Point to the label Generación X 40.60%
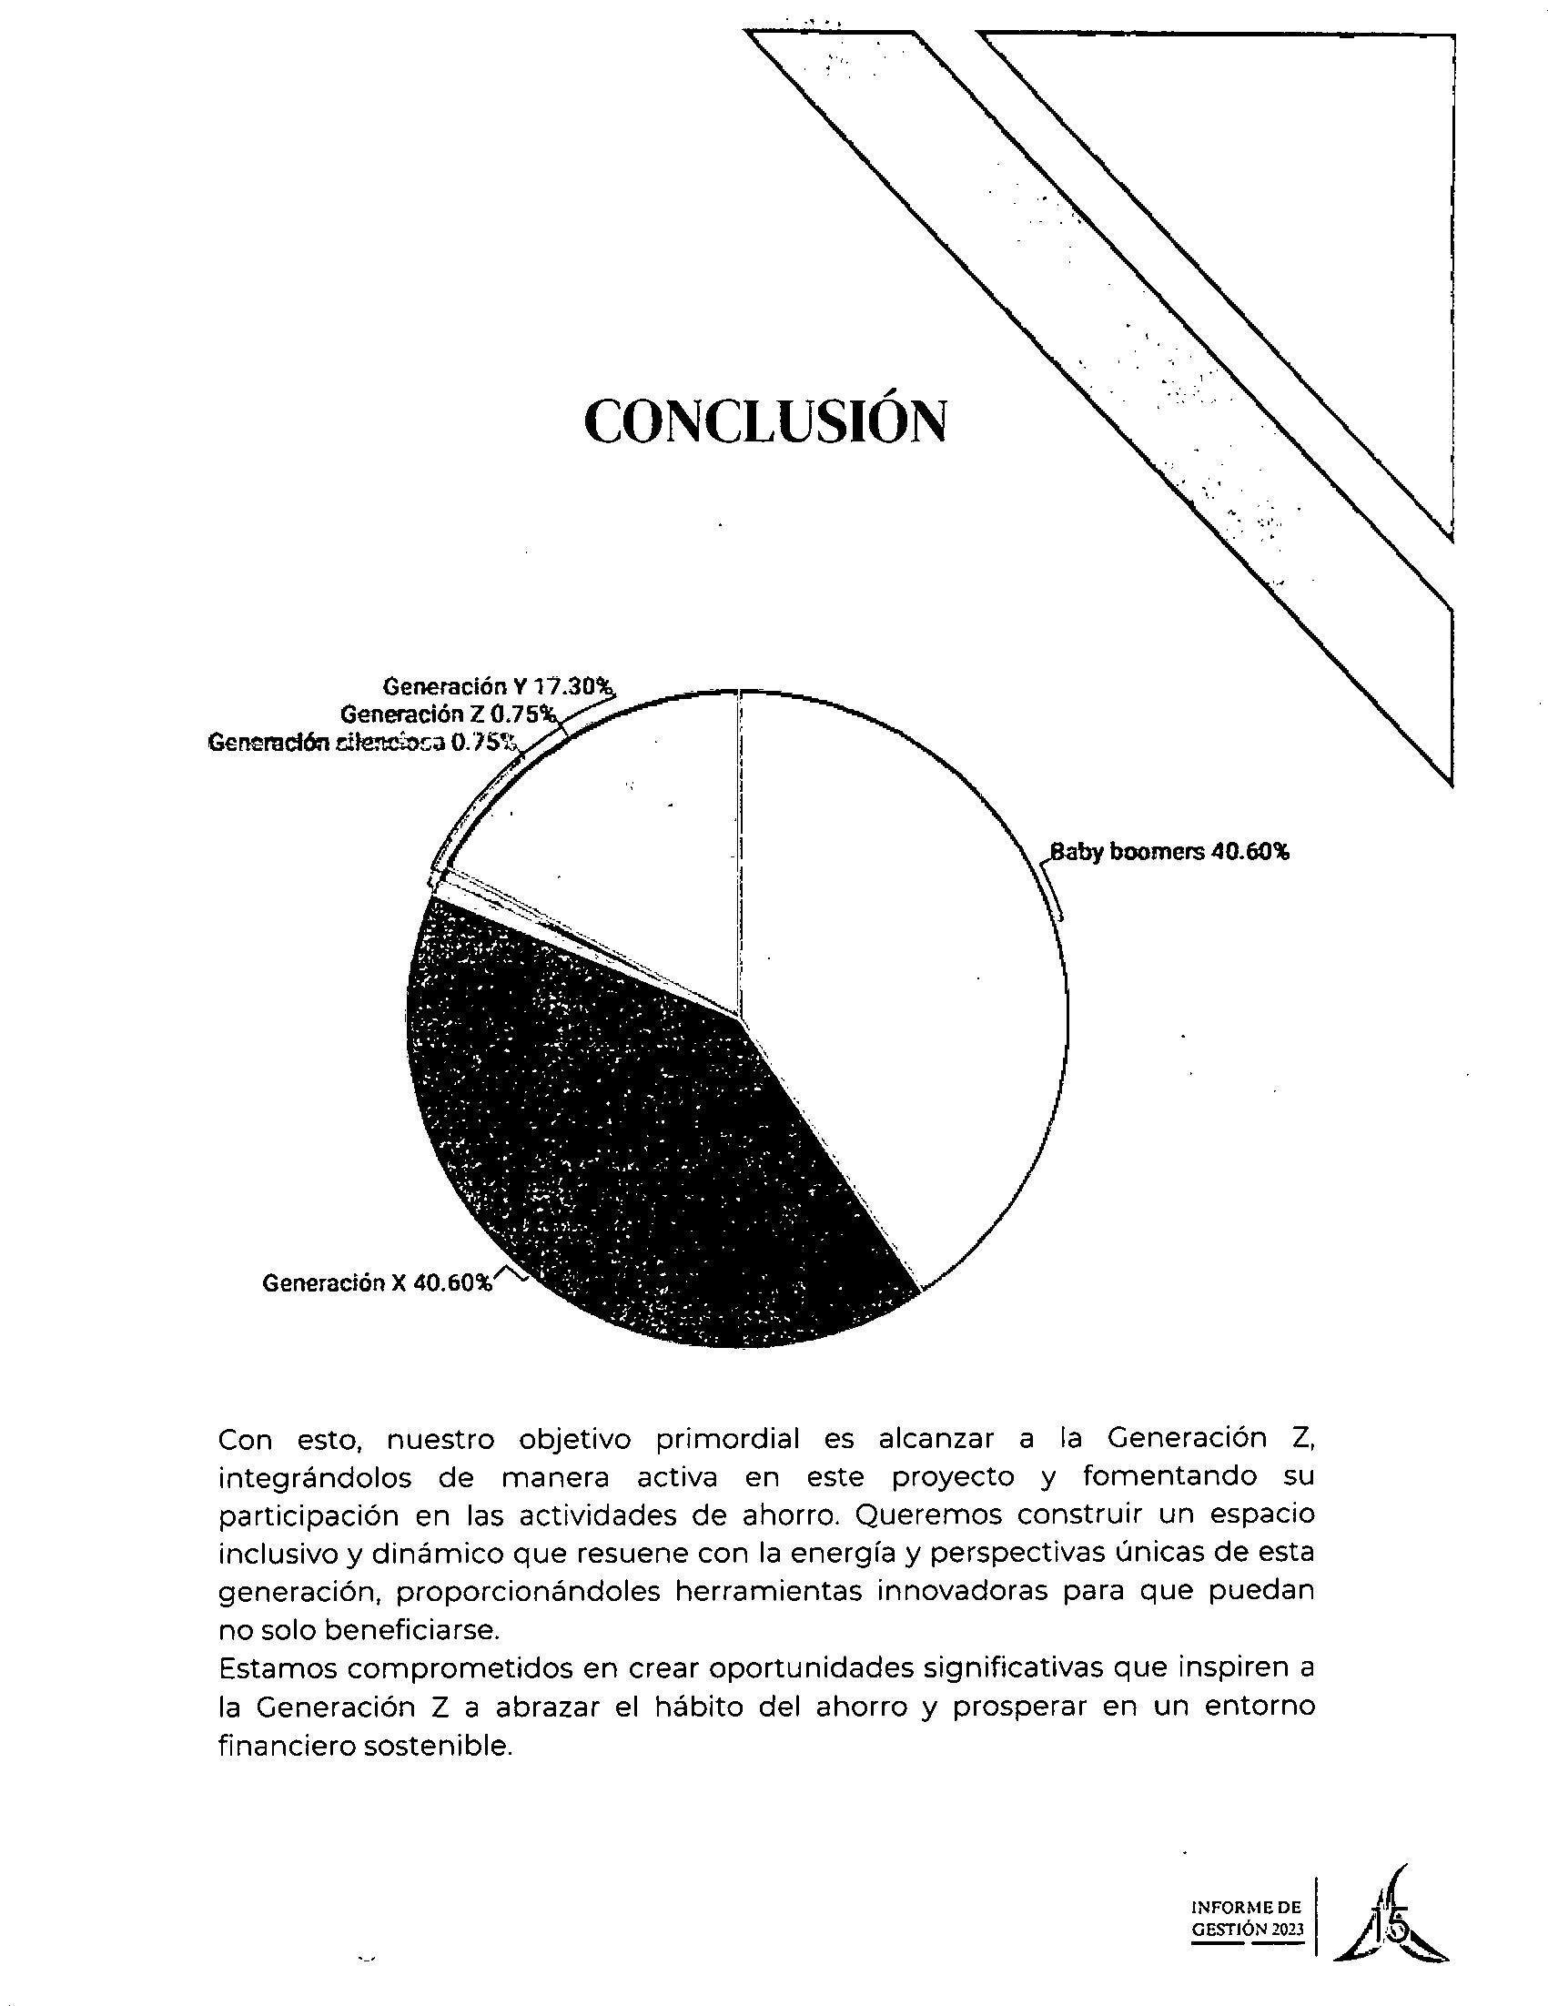point(378,1282)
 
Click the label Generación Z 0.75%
point(448,714)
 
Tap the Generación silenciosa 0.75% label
point(363,742)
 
